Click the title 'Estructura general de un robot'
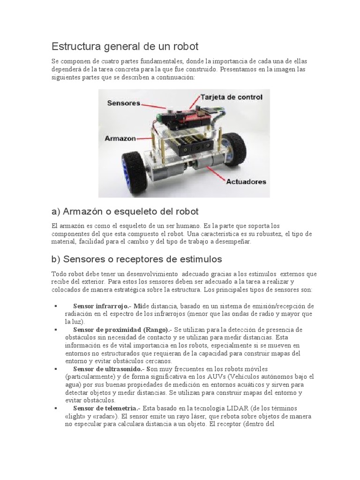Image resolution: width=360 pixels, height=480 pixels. (125, 46)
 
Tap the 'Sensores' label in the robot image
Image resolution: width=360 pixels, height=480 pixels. (124, 103)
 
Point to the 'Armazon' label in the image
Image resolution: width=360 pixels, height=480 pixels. (120, 139)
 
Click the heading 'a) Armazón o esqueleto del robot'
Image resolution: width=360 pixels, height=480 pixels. (125, 211)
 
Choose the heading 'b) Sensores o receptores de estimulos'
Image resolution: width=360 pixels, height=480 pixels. (136, 259)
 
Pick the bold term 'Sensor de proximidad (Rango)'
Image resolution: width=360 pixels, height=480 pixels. (120, 330)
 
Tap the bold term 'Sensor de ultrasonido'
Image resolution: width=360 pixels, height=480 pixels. (109, 369)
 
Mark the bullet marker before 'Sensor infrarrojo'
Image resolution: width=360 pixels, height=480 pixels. (56, 306)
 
